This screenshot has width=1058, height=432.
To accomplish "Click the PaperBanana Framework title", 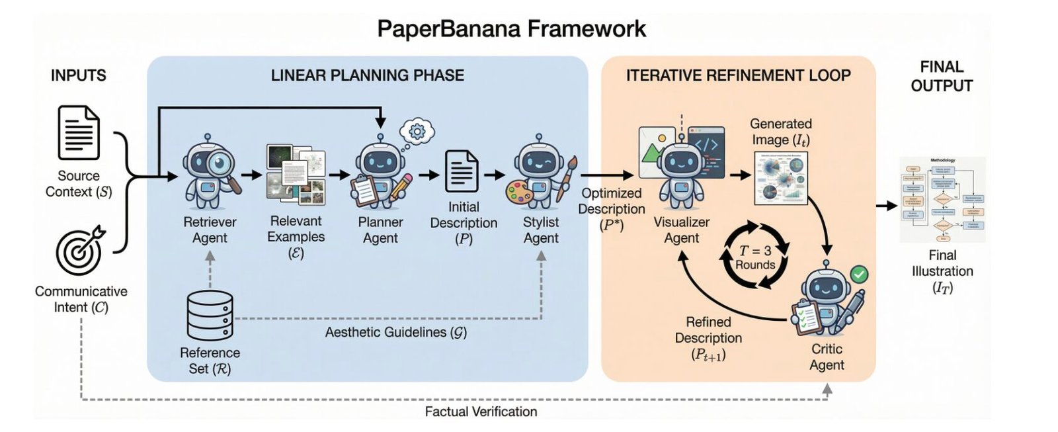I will pyautogui.click(x=511, y=28).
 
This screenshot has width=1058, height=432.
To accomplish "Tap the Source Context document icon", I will pyautogui.click(x=79, y=133).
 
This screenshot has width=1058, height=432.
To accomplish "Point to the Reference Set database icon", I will pyautogui.click(x=210, y=315).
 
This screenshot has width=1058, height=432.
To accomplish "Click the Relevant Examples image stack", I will pyautogui.click(x=296, y=175).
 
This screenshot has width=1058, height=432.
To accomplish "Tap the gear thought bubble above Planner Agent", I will pyautogui.click(x=417, y=132).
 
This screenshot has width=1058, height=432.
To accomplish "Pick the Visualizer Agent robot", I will pyautogui.click(x=681, y=173).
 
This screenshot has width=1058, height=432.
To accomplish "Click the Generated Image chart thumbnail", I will pyautogui.click(x=781, y=177).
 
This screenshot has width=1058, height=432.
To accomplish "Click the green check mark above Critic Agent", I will pyautogui.click(x=858, y=273).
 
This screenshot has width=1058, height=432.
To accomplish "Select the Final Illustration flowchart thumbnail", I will pyautogui.click(x=942, y=199).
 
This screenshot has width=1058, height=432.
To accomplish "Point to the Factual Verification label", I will pyautogui.click(x=481, y=411).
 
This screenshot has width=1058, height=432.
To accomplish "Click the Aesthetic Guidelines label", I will pyautogui.click(x=395, y=332).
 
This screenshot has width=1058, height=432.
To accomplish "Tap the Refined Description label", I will pyautogui.click(x=708, y=338).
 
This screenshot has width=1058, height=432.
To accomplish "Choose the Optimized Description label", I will pyautogui.click(x=612, y=208).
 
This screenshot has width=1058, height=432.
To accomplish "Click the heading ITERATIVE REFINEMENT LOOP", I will pyautogui.click(x=738, y=75).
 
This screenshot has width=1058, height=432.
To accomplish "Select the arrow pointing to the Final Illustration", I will pyautogui.click(x=886, y=206).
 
